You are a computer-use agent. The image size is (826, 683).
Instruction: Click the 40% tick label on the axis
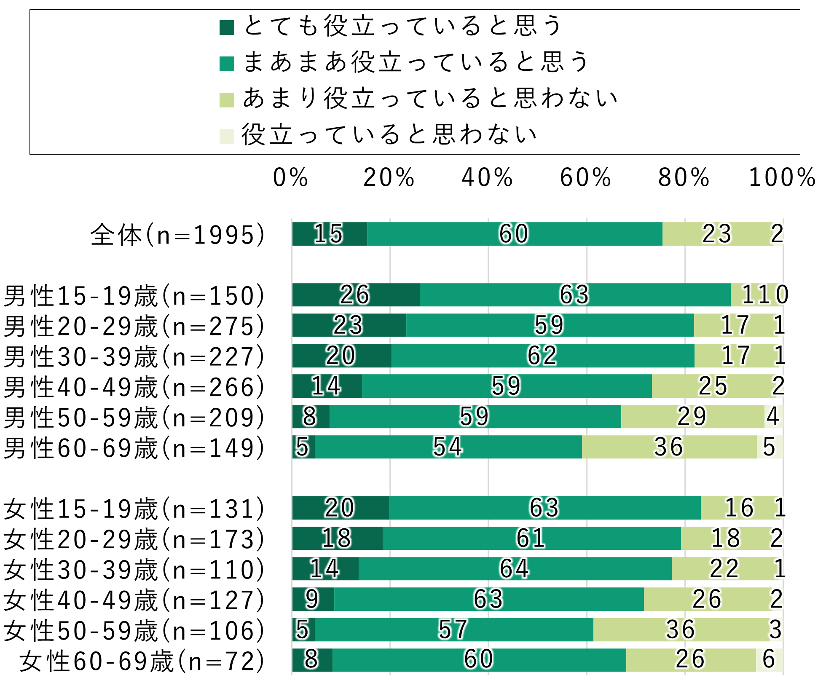pyautogui.click(x=487, y=178)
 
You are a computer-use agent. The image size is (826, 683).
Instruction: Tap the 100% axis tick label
pyautogui.click(x=782, y=178)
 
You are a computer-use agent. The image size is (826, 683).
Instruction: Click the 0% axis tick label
pyautogui.click(x=291, y=178)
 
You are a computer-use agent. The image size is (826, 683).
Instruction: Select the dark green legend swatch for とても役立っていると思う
pyautogui.click(x=227, y=28)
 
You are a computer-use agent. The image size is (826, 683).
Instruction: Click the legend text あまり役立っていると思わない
pyautogui.click(x=430, y=98)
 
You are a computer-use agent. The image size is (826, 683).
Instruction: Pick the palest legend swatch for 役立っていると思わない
pyautogui.click(x=227, y=137)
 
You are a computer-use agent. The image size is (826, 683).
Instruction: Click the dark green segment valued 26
pyautogui.click(x=355, y=295)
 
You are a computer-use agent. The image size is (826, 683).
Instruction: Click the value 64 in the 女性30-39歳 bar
pyautogui.click(x=514, y=569)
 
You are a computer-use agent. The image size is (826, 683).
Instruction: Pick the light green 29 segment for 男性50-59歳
pyautogui.click(x=692, y=417)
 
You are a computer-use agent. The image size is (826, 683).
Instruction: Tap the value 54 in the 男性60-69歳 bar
pyautogui.click(x=448, y=447)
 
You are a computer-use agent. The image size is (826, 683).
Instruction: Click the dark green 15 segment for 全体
pyautogui.click(x=329, y=234)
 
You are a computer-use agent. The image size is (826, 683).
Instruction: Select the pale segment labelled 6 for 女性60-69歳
pyautogui.click(x=769, y=660)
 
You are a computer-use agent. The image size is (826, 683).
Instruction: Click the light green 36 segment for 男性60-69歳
pyautogui.click(x=669, y=447)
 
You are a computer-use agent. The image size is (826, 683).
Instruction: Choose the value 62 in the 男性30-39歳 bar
pyautogui.click(x=542, y=356)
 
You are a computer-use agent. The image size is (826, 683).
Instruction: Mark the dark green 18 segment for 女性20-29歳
pyautogui.click(x=337, y=538)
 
